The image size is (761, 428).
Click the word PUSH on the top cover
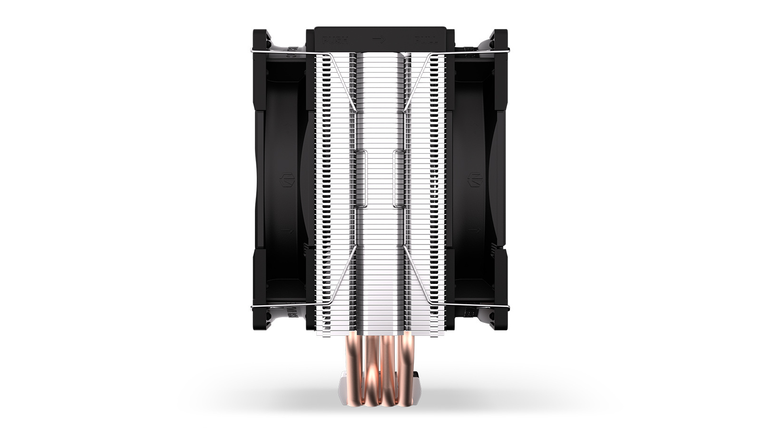click(335, 39)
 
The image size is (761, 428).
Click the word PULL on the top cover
click(426, 39)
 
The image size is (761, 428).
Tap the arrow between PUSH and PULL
click(379, 39)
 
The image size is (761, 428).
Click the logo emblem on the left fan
click(287, 182)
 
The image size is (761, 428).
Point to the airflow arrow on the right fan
click(474, 231)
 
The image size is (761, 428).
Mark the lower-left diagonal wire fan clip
click(335, 281)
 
